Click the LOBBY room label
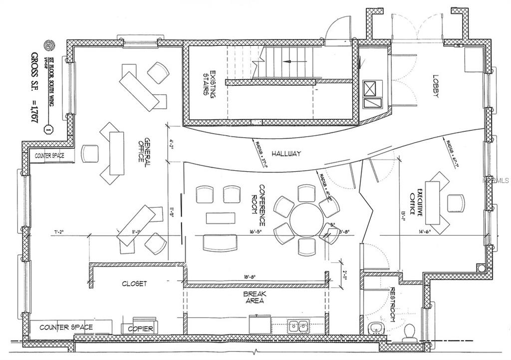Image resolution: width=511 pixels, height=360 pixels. [435, 86]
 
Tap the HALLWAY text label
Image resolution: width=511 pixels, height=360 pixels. [286, 154]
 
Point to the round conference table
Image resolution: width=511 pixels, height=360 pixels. [306, 220]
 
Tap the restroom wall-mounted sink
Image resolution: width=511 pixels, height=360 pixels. [374, 329]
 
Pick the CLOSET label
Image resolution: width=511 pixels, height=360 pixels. [134, 284]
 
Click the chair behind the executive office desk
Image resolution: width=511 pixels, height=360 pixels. [455, 203]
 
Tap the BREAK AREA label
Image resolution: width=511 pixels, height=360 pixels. [255, 298]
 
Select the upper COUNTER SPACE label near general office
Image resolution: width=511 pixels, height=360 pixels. [49, 156]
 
